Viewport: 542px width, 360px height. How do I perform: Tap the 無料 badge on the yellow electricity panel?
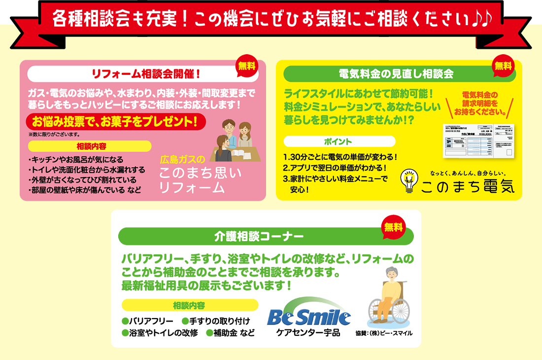click(x=503, y=66)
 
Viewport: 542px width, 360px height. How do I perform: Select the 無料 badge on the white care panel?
click(x=393, y=227)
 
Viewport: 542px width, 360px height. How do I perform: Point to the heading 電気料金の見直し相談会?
click(x=396, y=74)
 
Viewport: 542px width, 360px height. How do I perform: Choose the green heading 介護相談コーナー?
click(x=259, y=236)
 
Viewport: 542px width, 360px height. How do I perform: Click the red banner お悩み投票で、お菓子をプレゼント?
click(x=115, y=121)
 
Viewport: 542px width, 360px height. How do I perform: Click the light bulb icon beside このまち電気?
click(x=408, y=181)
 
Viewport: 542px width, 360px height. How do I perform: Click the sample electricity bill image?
click(x=478, y=141)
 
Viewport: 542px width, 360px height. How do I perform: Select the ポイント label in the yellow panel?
click(x=339, y=142)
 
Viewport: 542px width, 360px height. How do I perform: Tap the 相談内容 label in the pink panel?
click(x=89, y=146)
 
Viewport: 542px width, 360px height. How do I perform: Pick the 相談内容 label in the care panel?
click(x=189, y=305)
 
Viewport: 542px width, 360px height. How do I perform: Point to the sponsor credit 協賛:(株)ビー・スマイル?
click(x=384, y=333)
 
